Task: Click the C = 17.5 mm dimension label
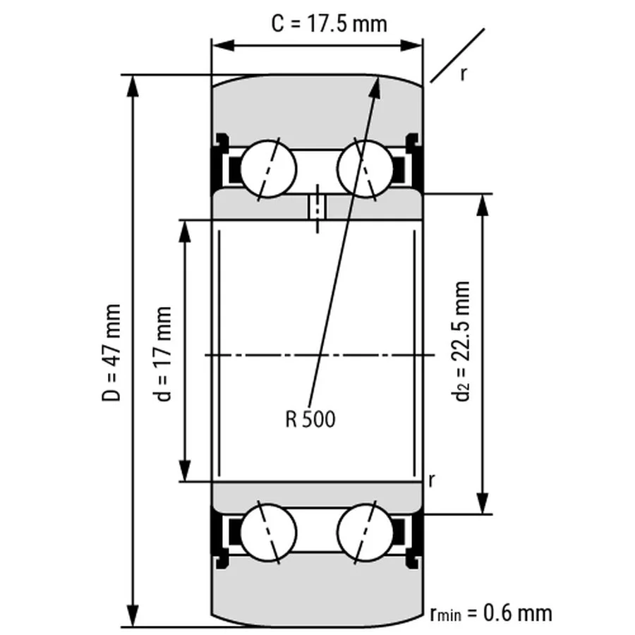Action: [x=329, y=23]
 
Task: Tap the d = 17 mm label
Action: [x=164, y=353]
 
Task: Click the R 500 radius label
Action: [x=310, y=420]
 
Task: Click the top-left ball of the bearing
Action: [x=268, y=169]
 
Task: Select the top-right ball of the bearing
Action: [x=365, y=169]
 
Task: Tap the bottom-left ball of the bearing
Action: [x=268, y=531]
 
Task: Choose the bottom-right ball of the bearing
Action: [x=365, y=531]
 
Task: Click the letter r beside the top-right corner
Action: [x=464, y=73]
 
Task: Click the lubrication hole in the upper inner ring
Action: [x=317, y=207]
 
